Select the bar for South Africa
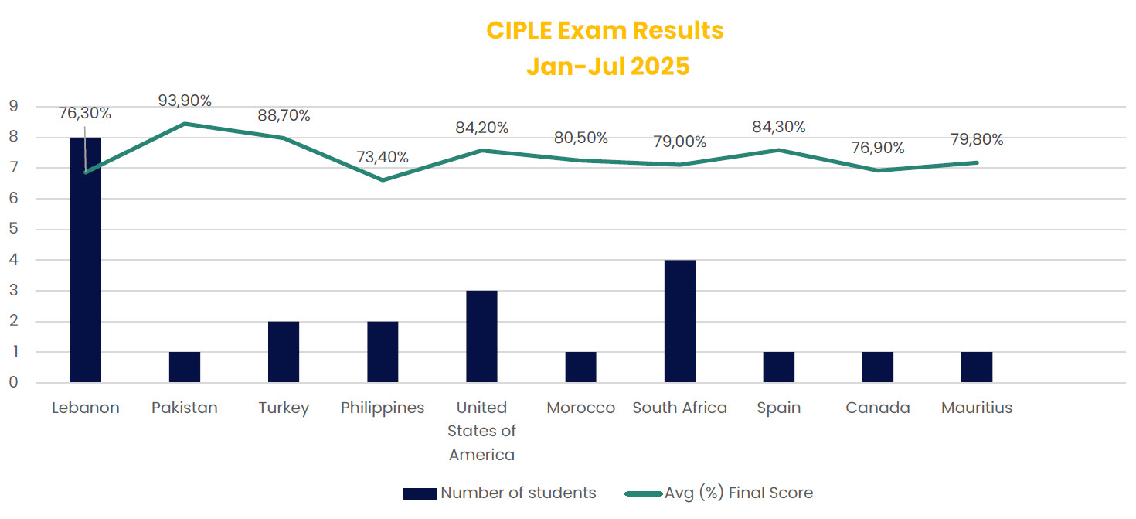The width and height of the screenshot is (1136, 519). coord(679,321)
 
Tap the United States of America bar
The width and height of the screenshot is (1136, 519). coord(481,336)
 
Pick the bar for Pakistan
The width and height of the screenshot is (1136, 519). coord(185,367)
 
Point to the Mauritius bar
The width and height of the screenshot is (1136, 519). coord(977,367)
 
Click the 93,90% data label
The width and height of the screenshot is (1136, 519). coord(185,101)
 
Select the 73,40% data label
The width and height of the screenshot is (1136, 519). coord(383,158)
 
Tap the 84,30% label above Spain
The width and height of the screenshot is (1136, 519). coord(779,127)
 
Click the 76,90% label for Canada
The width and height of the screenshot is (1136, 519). coord(878,148)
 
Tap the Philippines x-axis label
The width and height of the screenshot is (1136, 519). coord(383,408)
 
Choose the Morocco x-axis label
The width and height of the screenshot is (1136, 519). coord(580,408)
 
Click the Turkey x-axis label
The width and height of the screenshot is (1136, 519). coord(284,408)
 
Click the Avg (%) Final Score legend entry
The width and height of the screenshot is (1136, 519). coord(738,493)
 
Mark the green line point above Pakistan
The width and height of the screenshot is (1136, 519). coord(185,124)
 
